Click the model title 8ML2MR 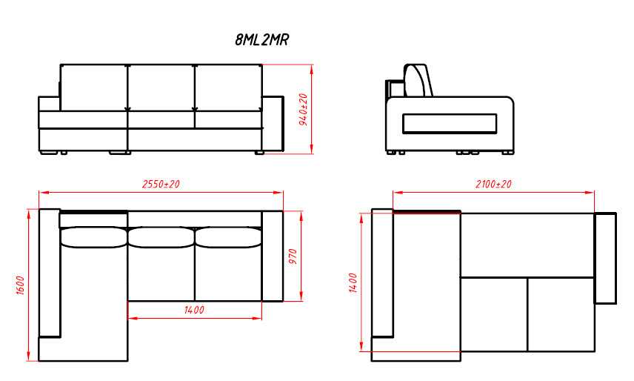[x=262, y=40]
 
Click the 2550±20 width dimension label [x=161, y=184]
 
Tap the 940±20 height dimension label [x=304, y=109]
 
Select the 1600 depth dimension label [x=21, y=285]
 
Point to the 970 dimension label [x=293, y=256]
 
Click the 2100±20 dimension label [x=493, y=184]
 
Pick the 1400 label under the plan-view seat [x=194, y=311]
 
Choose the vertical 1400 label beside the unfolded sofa [x=353, y=282]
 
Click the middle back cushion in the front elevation [x=161, y=87]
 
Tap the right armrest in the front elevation [x=272, y=125]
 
